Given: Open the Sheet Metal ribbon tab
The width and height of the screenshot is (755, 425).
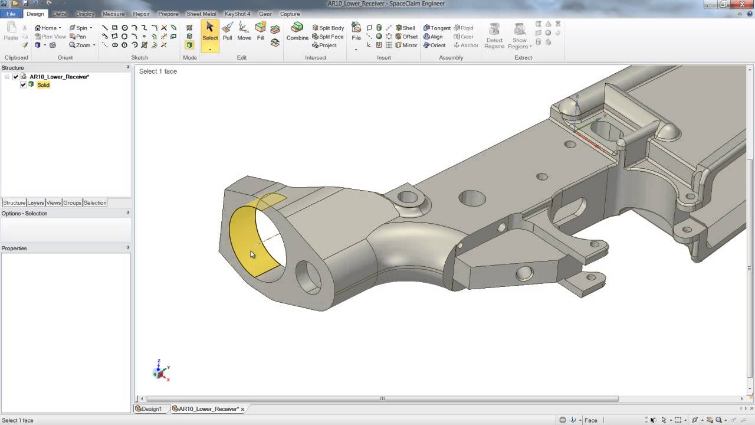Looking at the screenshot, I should (x=201, y=14).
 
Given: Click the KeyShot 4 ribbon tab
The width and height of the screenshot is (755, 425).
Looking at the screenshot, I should (x=237, y=14).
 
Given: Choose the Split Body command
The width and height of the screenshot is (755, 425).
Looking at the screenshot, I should (x=328, y=28).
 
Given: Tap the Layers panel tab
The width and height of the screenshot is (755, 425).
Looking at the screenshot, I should (x=35, y=202).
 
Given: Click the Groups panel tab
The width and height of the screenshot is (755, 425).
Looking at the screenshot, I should (x=72, y=202).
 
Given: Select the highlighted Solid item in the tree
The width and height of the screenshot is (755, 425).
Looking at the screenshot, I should (x=43, y=85).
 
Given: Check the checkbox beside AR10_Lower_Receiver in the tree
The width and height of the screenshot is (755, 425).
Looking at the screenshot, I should (x=16, y=77).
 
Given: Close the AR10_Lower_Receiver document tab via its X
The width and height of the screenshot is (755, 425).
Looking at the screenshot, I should (x=242, y=409).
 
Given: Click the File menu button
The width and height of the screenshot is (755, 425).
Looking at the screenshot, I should (x=11, y=14).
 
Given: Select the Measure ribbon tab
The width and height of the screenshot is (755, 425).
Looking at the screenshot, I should (x=113, y=14).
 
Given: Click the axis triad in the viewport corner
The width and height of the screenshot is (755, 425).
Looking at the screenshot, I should (x=160, y=370).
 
